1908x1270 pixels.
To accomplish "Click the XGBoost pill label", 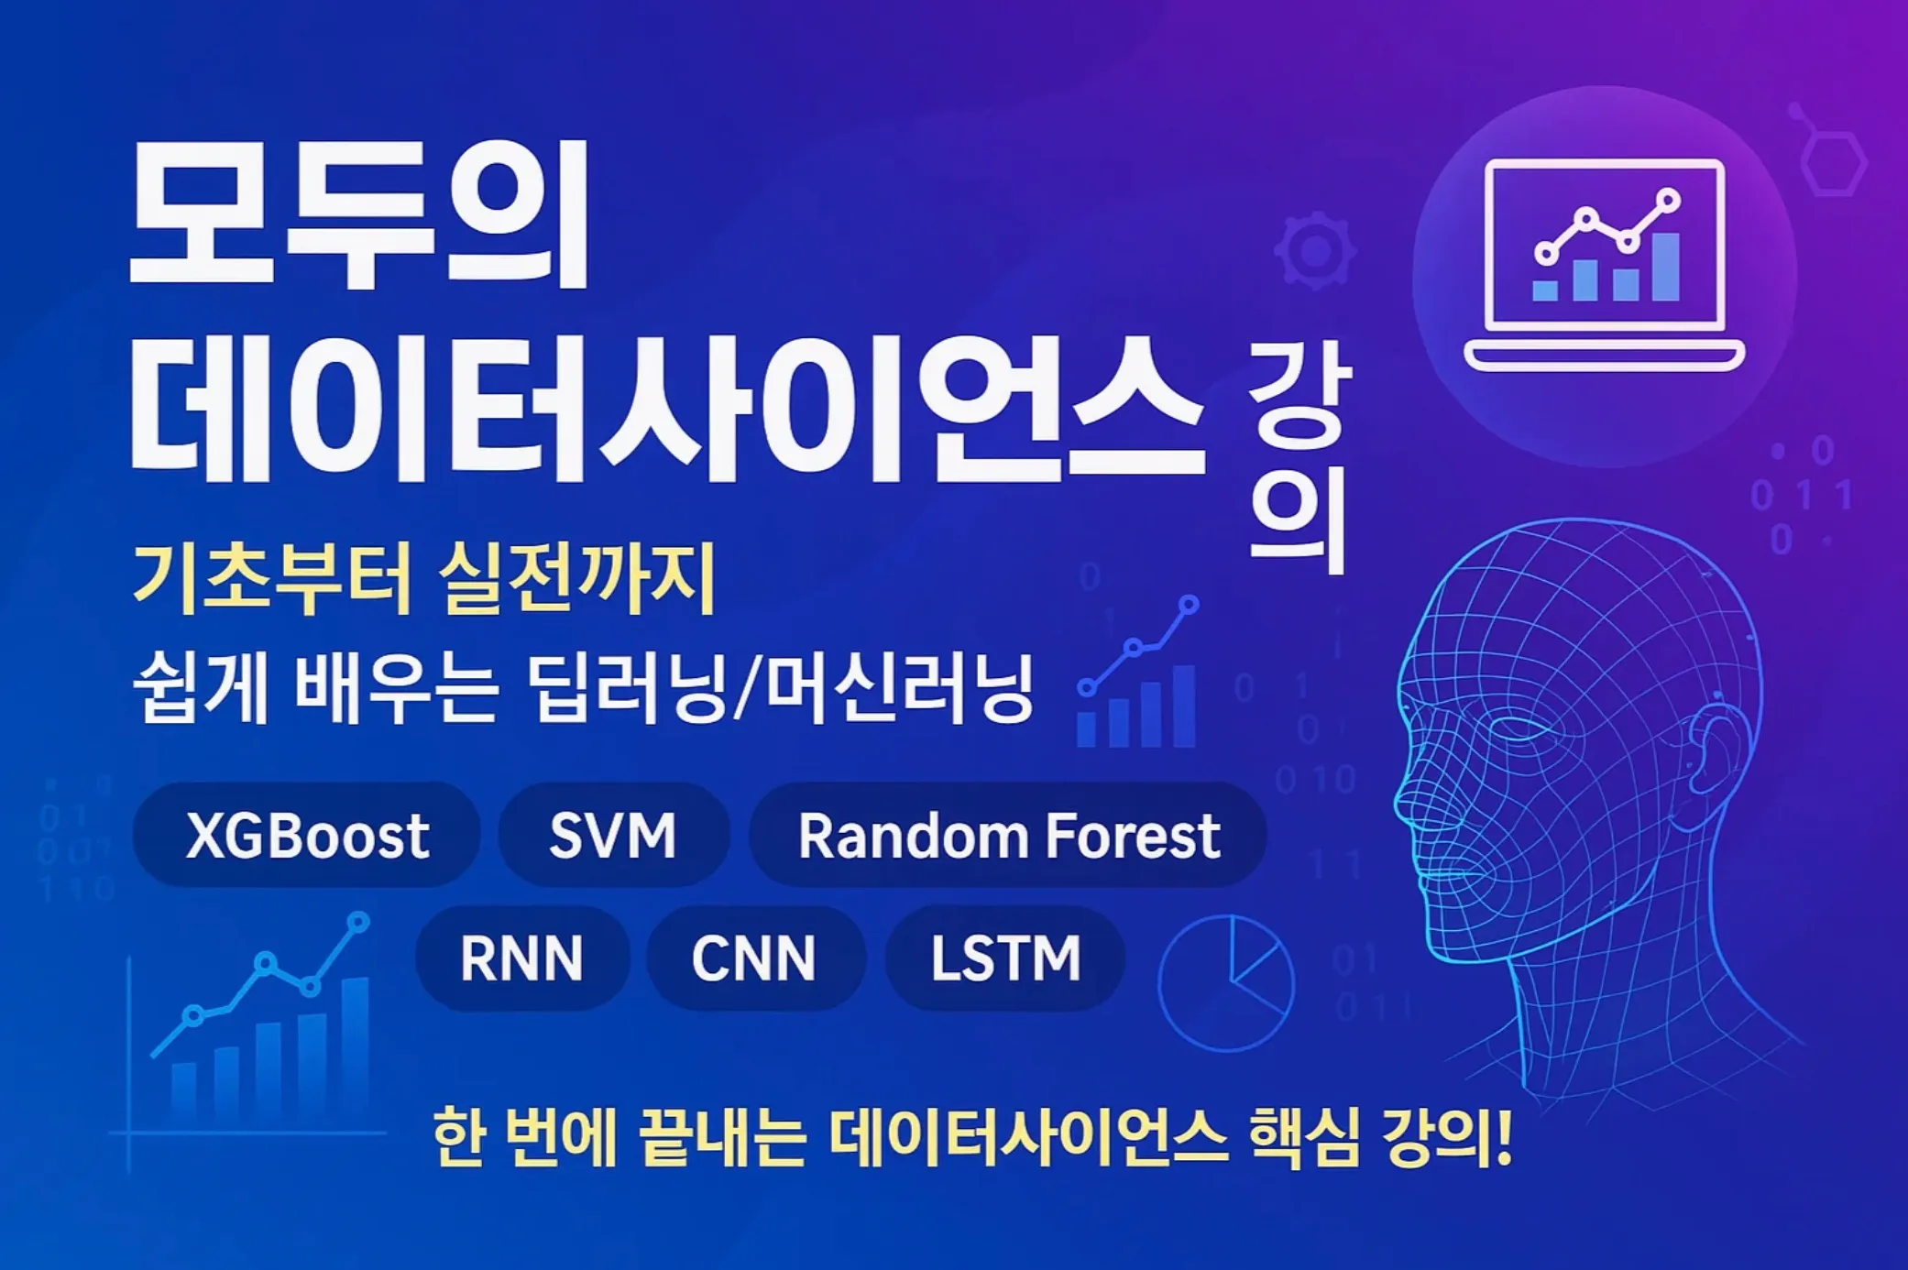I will tap(307, 835).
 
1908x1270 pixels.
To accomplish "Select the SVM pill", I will tap(613, 835).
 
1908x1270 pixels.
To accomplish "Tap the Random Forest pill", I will tap(1008, 835).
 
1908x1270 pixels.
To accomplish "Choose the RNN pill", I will tap(521, 958).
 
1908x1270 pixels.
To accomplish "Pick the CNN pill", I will tap(753, 958).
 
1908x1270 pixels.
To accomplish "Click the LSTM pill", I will tap(1005, 958).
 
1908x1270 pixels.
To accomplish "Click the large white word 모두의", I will tap(359, 217).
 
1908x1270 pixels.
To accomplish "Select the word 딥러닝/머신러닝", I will tap(781, 687).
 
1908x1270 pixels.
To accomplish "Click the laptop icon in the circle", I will tap(1604, 266).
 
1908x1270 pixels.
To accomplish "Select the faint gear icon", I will tap(1315, 250).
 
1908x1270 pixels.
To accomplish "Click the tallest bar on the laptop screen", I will tap(1665, 267).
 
